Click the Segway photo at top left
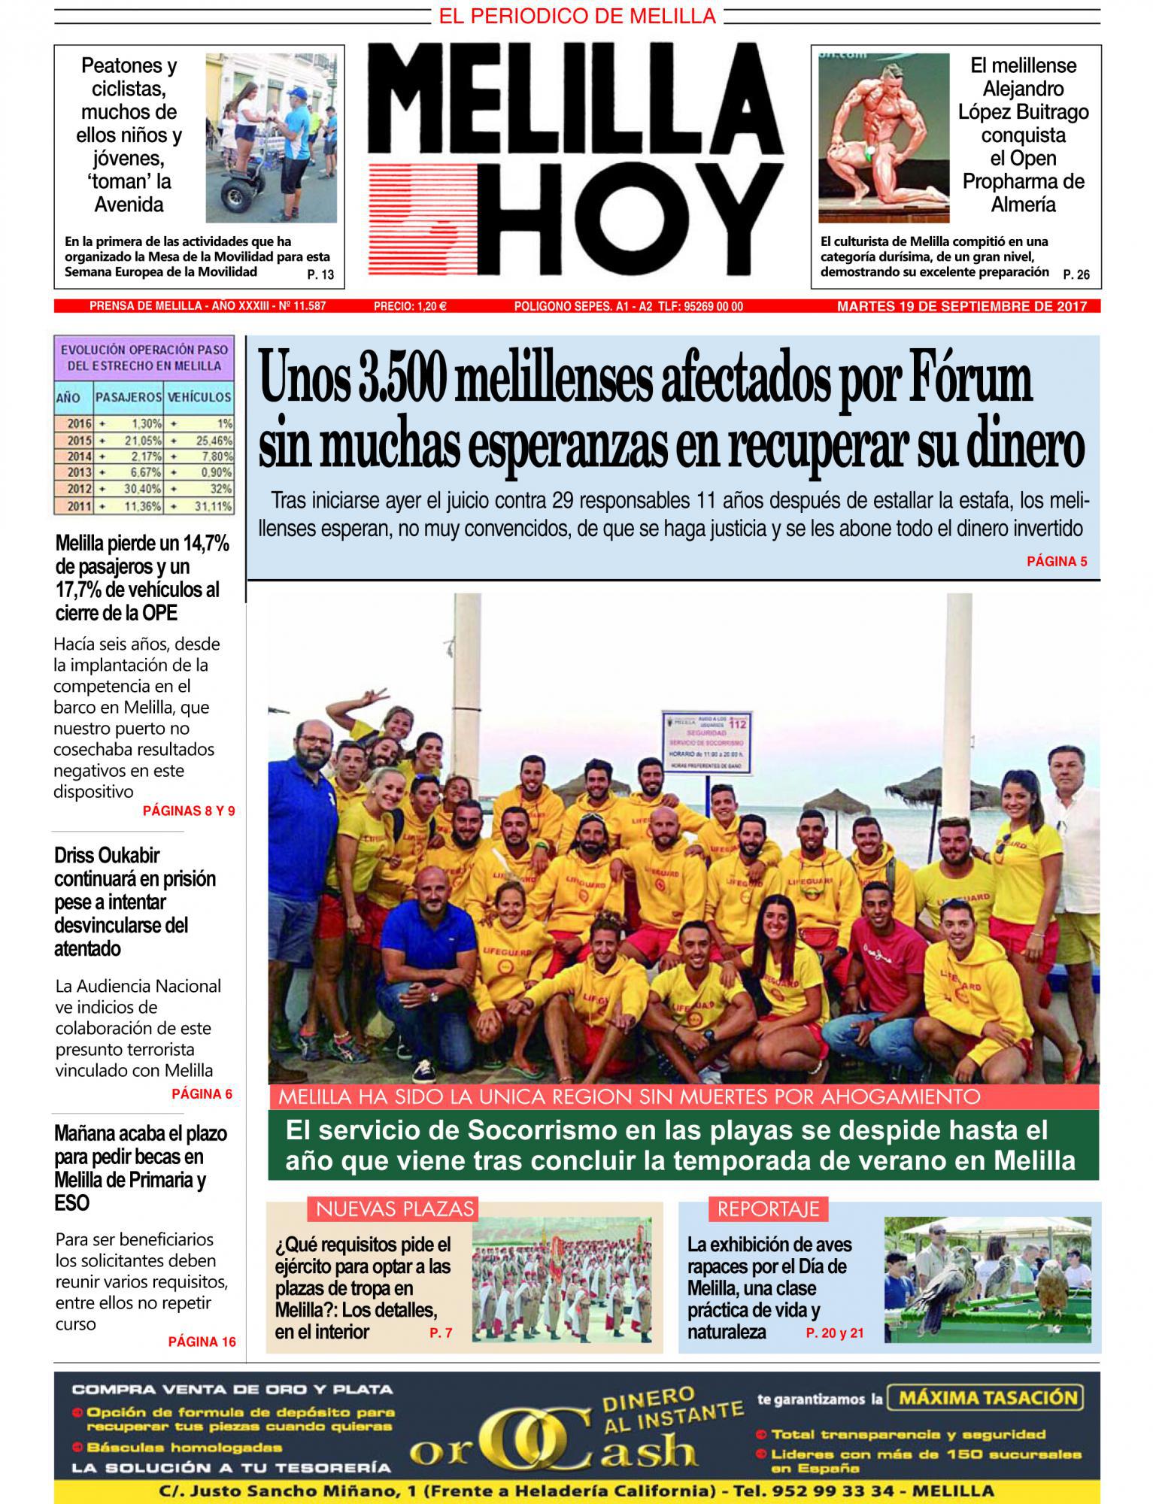coord(271,137)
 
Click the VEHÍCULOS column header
coord(199,396)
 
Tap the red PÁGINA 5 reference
coord(1056,561)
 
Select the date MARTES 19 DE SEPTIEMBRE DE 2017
coord(962,306)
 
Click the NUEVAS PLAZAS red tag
coord(394,1208)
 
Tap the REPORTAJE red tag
coord(767,1208)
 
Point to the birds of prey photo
coord(987,1281)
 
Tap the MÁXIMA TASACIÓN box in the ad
coord(986,1398)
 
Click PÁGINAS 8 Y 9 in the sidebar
coord(188,811)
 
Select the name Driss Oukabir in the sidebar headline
coord(107,856)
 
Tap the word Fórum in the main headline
coord(975,381)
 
